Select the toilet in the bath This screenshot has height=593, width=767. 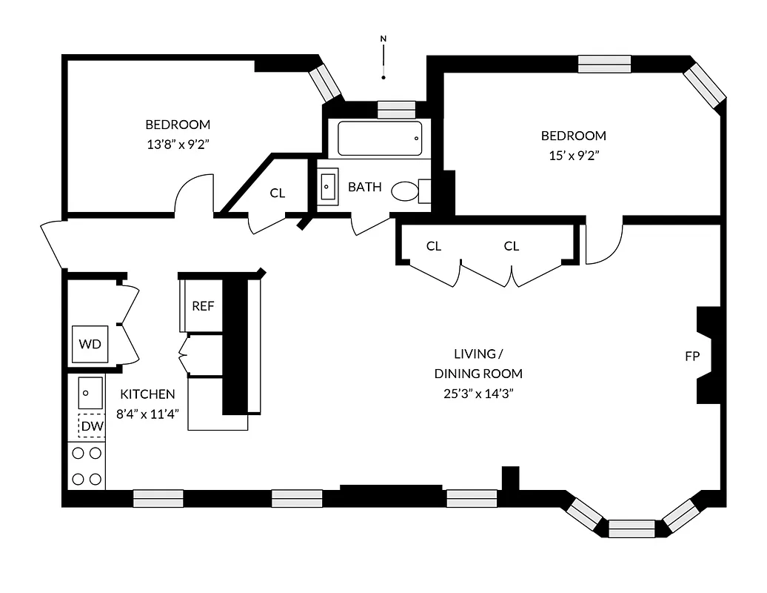406,191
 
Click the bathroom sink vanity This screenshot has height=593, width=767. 328,188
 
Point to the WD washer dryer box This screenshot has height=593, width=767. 90,344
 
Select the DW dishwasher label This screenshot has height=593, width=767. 93,426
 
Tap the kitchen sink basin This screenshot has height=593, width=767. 90,392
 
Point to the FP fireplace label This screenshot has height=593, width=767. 692,357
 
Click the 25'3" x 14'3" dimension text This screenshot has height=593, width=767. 478,393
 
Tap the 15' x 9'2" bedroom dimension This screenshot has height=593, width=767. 573,155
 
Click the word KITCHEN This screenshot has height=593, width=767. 148,394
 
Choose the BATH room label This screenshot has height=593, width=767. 365,187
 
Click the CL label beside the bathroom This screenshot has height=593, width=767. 277,193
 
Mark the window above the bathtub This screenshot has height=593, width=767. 397,109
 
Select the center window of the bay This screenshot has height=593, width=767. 632,529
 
